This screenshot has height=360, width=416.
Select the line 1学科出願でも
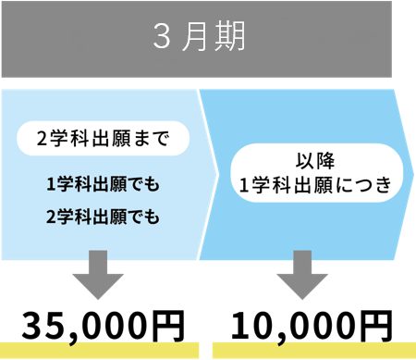pos(103,185)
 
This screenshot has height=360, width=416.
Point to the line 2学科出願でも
pos(103,217)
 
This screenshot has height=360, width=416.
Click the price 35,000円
pos(103,325)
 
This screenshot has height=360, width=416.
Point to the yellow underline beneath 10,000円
pos(311,350)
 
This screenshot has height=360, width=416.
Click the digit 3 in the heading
pos(161,38)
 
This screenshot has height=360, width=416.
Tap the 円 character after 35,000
pos(167,325)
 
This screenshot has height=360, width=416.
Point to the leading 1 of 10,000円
pos(242,325)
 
